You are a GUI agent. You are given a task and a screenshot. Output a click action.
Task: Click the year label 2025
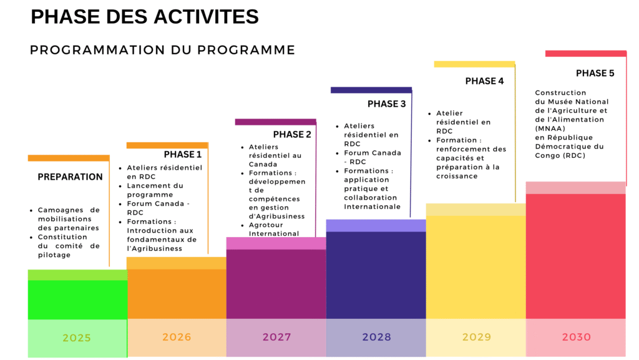tap(77, 338)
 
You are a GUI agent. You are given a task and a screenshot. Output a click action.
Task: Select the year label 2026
tap(177, 338)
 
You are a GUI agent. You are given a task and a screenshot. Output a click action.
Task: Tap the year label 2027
tap(276, 338)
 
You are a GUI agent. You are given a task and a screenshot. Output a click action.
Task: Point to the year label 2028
tap(376, 338)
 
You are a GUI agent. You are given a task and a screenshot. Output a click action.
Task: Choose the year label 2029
tap(476, 338)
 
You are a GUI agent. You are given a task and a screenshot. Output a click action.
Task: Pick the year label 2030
tap(576, 338)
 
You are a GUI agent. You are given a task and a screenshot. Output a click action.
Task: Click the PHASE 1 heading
tap(183, 155)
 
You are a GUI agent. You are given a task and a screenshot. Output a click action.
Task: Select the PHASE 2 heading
tap(292, 135)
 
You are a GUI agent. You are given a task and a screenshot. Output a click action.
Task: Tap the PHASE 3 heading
tap(386, 104)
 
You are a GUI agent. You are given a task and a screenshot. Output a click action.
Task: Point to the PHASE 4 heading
tap(484, 81)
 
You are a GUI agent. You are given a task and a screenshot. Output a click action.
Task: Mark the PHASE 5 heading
tap(595, 74)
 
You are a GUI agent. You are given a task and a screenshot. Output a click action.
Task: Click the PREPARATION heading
tap(70, 177)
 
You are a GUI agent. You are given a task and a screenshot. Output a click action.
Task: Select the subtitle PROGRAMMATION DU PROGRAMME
tap(162, 50)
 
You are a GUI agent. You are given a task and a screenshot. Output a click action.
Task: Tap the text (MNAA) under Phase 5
tap(550, 129)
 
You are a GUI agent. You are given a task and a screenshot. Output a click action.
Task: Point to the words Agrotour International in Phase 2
tap(274, 230)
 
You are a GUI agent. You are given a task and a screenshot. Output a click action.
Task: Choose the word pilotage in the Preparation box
tap(54, 255)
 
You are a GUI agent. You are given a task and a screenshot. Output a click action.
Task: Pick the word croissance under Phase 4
tap(457, 177)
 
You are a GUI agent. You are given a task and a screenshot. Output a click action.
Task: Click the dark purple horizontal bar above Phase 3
tap(371, 90)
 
